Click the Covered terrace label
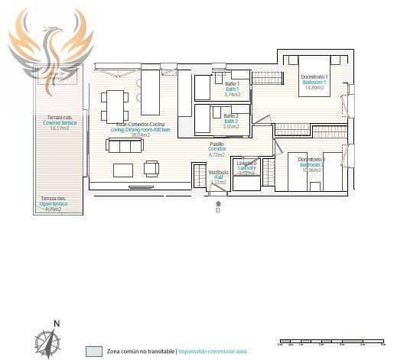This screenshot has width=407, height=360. tap(59, 123)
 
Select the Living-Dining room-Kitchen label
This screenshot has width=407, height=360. tap(140, 129)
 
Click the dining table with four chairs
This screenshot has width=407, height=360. tap(116, 105)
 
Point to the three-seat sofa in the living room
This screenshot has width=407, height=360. tap(125, 145)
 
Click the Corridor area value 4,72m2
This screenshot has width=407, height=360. tap(217, 154)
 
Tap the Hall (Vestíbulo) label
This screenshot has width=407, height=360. tap(218, 177)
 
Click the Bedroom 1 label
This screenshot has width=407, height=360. tap(314, 82)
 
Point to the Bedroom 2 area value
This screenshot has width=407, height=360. tap(312, 170)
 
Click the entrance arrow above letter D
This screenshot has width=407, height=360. tap(219, 203)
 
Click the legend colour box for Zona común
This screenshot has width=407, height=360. tap(94, 351)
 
